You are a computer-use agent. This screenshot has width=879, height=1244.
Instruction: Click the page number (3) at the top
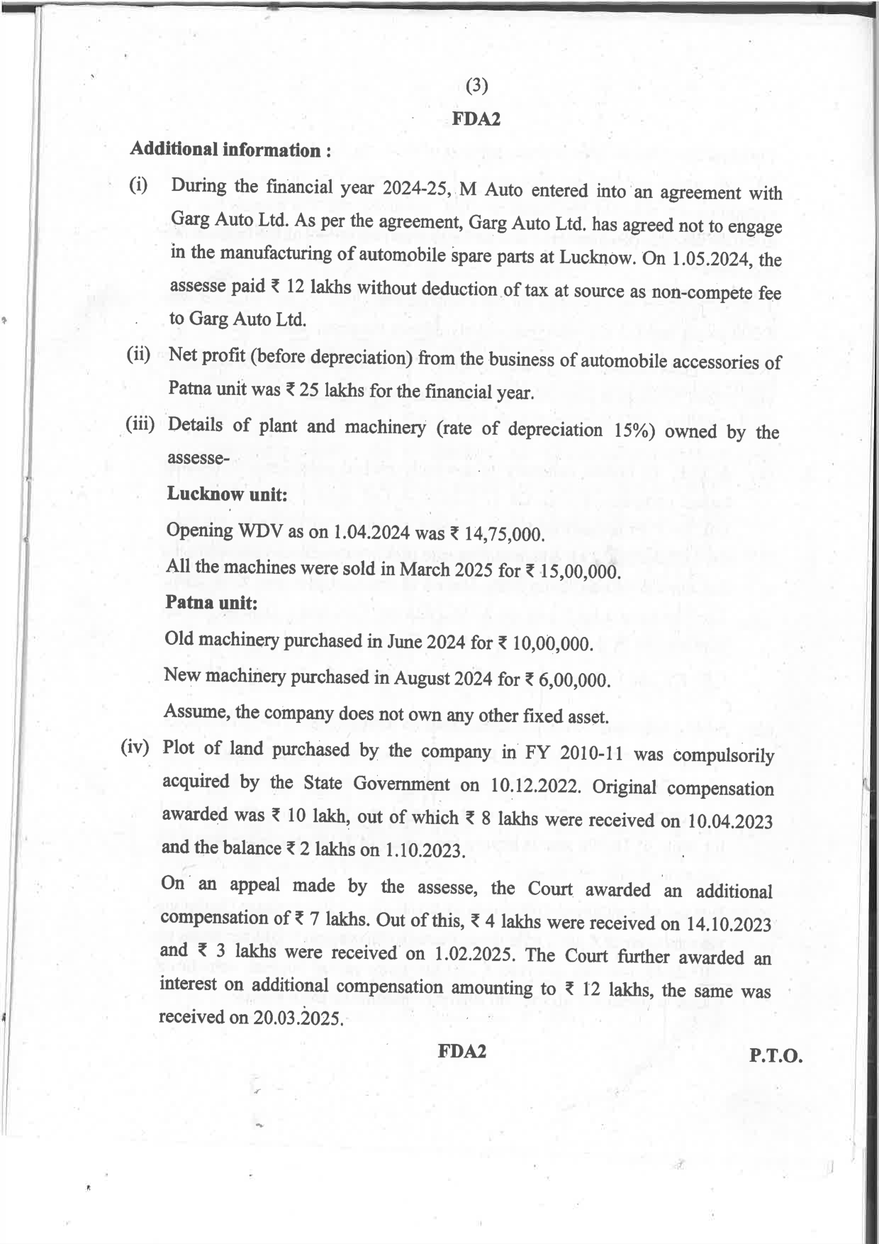coord(477,86)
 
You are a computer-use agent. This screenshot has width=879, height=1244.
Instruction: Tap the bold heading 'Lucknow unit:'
coord(227,494)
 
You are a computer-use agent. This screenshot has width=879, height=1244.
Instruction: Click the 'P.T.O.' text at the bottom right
coord(776,1056)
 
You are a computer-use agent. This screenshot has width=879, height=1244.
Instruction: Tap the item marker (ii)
coord(138,355)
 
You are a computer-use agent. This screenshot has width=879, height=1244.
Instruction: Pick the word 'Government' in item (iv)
coord(401,784)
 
